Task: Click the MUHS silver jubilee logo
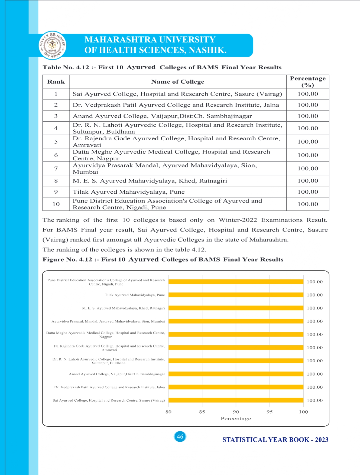(52, 45)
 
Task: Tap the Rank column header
(56, 82)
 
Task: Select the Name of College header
(178, 82)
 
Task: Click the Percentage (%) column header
(308, 82)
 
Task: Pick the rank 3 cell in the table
(56, 116)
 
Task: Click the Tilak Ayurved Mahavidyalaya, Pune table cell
(129, 192)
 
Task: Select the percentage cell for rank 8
(308, 181)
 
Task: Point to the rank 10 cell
(56, 204)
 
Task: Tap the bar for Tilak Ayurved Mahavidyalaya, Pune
(236, 295)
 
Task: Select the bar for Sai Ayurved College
(236, 400)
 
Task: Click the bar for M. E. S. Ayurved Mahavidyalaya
(236, 308)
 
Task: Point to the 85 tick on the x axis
(202, 412)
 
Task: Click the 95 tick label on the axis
(270, 412)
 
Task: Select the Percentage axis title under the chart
(236, 419)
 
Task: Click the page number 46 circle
(180, 437)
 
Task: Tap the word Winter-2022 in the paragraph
(238, 220)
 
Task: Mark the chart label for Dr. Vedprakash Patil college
(109, 387)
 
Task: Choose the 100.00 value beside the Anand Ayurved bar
(315, 374)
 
